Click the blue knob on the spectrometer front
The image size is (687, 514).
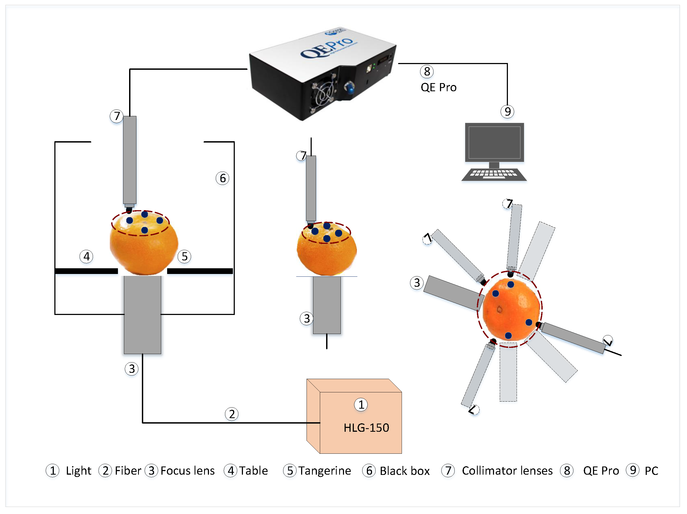(x=350, y=89)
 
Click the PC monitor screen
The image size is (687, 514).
(x=494, y=143)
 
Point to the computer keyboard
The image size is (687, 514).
(x=494, y=174)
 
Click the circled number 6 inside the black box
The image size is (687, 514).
(x=222, y=178)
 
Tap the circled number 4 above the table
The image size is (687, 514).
(x=86, y=256)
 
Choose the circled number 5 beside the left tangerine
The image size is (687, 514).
(x=185, y=257)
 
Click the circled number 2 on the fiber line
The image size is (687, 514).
(x=232, y=414)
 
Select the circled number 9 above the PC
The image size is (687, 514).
(x=507, y=111)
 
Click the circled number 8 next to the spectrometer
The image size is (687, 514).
(x=427, y=71)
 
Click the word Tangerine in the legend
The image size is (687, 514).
(x=324, y=471)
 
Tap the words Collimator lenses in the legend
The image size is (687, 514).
(x=507, y=471)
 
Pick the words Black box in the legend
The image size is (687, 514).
(x=404, y=471)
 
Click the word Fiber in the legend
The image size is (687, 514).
(x=128, y=471)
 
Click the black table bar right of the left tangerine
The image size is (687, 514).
(x=200, y=271)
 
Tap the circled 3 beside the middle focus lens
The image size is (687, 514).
(x=307, y=319)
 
